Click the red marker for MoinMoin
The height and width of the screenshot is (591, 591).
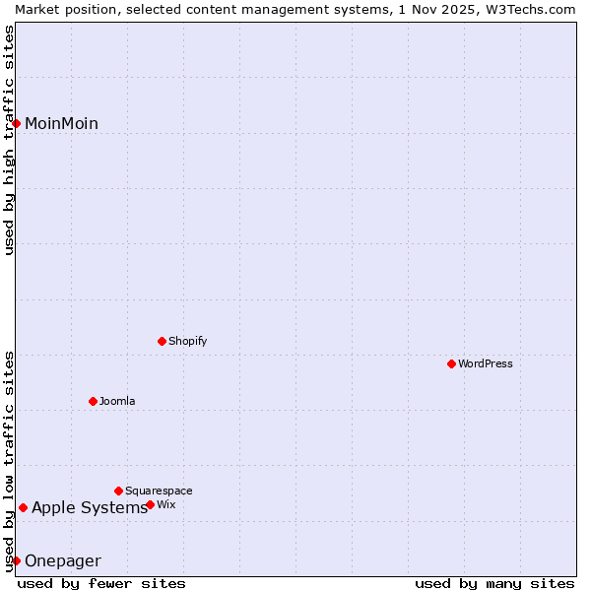click(x=17, y=123)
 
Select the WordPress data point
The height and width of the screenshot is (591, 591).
click(x=452, y=363)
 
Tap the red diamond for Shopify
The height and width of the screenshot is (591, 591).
click(x=163, y=341)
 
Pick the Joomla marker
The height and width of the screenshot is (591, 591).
click(x=94, y=401)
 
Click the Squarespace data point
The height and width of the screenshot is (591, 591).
click(x=119, y=491)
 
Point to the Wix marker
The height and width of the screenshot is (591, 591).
click(x=151, y=504)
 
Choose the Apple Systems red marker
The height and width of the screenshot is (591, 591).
click(x=23, y=508)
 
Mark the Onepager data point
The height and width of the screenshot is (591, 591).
click(x=17, y=560)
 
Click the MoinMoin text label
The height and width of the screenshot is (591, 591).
click(x=61, y=123)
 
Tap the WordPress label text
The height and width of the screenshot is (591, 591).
click(x=486, y=363)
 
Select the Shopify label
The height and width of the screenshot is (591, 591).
click(x=187, y=341)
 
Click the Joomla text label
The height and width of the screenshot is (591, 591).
click(x=117, y=401)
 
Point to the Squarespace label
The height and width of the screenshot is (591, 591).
click(x=159, y=491)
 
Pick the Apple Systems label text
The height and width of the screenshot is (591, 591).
click(x=89, y=508)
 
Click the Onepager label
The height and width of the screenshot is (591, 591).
click(x=62, y=561)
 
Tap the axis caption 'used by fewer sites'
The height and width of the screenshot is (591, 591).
click(x=101, y=583)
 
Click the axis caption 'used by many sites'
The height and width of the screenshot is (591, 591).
click(x=494, y=583)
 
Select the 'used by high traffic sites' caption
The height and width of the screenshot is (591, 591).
click(x=9, y=140)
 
